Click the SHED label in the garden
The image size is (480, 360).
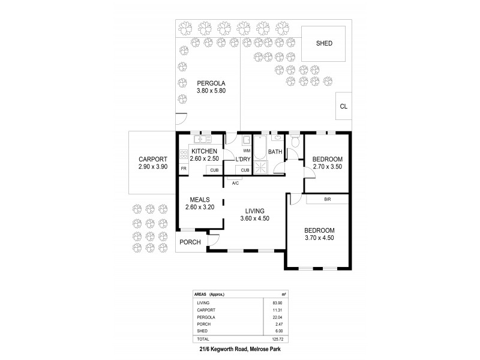[324, 44]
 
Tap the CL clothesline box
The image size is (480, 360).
[343, 107]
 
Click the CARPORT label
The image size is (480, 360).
[152, 159]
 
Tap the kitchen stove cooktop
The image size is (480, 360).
[183, 154]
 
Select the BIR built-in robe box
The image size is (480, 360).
[328, 199]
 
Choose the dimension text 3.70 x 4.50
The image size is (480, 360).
[319, 238]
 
